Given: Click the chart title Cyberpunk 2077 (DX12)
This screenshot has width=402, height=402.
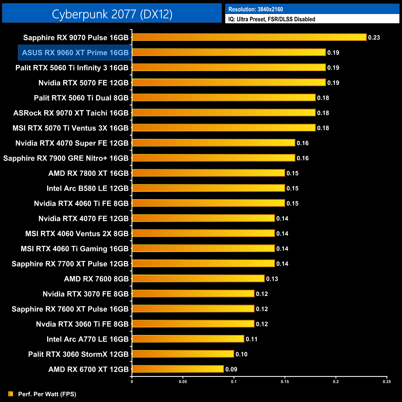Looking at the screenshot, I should tap(112, 14).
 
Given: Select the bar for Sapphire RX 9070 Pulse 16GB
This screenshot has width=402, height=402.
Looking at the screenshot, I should tap(249, 37).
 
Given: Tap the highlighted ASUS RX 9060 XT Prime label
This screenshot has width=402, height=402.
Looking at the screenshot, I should tap(75, 53).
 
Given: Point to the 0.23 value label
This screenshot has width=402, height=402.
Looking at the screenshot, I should tap(374, 38).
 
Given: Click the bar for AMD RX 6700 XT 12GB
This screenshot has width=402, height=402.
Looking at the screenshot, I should tap(178, 369).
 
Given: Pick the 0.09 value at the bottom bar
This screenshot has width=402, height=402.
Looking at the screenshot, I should tap(231, 369).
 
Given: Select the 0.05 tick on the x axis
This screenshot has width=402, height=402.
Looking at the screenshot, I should tap(183, 382).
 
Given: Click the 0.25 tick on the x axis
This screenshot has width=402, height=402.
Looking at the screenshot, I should tap(387, 382).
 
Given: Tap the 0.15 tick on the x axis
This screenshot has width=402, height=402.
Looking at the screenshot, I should tap(285, 382).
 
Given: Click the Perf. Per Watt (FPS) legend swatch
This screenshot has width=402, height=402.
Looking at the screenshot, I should tap(11, 394).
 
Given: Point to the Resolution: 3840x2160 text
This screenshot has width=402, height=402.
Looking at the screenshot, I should tap(255, 9).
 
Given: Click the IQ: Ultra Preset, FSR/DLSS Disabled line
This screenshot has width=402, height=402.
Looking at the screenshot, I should tap(272, 19).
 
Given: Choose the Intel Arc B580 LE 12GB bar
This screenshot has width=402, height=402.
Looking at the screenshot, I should tap(208, 188).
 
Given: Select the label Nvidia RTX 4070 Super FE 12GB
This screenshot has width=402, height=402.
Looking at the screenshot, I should tap(72, 143).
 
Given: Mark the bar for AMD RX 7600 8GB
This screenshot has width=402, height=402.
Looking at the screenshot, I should tap(198, 279).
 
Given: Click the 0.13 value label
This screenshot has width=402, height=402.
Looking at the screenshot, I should tap(272, 279).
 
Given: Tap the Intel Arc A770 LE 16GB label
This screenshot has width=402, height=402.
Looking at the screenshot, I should tap(88, 339).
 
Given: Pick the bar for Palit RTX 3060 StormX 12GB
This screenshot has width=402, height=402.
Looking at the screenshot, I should tap(183, 354).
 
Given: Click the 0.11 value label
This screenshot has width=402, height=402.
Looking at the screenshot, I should tap(252, 339).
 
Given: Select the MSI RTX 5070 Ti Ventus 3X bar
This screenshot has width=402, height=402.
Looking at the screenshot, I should tap(224, 128).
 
